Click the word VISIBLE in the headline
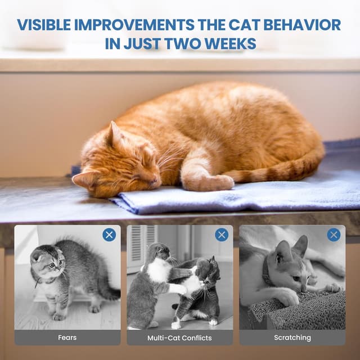43,25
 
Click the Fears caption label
67,337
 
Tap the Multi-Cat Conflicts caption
179,337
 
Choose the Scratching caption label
292,337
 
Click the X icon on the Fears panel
109,235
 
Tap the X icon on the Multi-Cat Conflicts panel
222,235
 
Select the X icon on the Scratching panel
334,235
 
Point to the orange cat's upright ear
115,134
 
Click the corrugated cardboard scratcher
298,312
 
